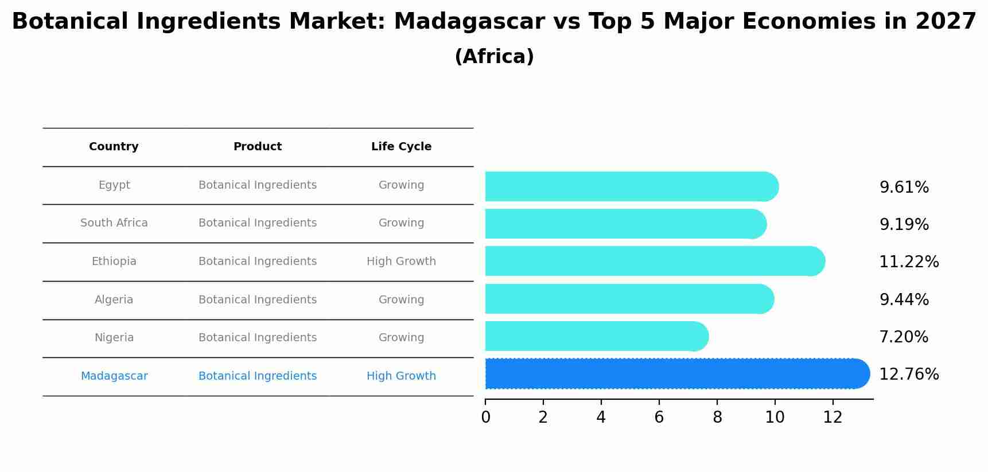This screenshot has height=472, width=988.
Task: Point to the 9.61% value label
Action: coord(904,188)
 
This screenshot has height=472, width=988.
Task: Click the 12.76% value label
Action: coord(909,375)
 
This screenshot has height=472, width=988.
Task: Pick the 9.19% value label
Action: coord(904,225)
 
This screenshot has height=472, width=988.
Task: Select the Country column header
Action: coord(114,147)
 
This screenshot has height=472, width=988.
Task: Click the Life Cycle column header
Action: coord(401,147)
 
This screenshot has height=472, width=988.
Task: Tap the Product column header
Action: coord(258,147)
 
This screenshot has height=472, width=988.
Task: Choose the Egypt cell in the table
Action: coord(114,185)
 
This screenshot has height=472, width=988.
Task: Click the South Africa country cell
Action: coord(114,223)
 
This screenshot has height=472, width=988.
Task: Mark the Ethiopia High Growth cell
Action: coord(401,262)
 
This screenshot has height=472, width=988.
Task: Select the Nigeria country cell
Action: coord(114,338)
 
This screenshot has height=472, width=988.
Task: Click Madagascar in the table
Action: coord(114,376)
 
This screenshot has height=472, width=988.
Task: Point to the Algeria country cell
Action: coord(114,300)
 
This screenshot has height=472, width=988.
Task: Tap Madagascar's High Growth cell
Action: coord(401,376)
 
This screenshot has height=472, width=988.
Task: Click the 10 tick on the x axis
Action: coord(775,418)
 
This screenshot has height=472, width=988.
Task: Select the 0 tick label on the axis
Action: coord(485,418)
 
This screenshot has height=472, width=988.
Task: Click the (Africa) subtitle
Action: coord(494,57)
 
